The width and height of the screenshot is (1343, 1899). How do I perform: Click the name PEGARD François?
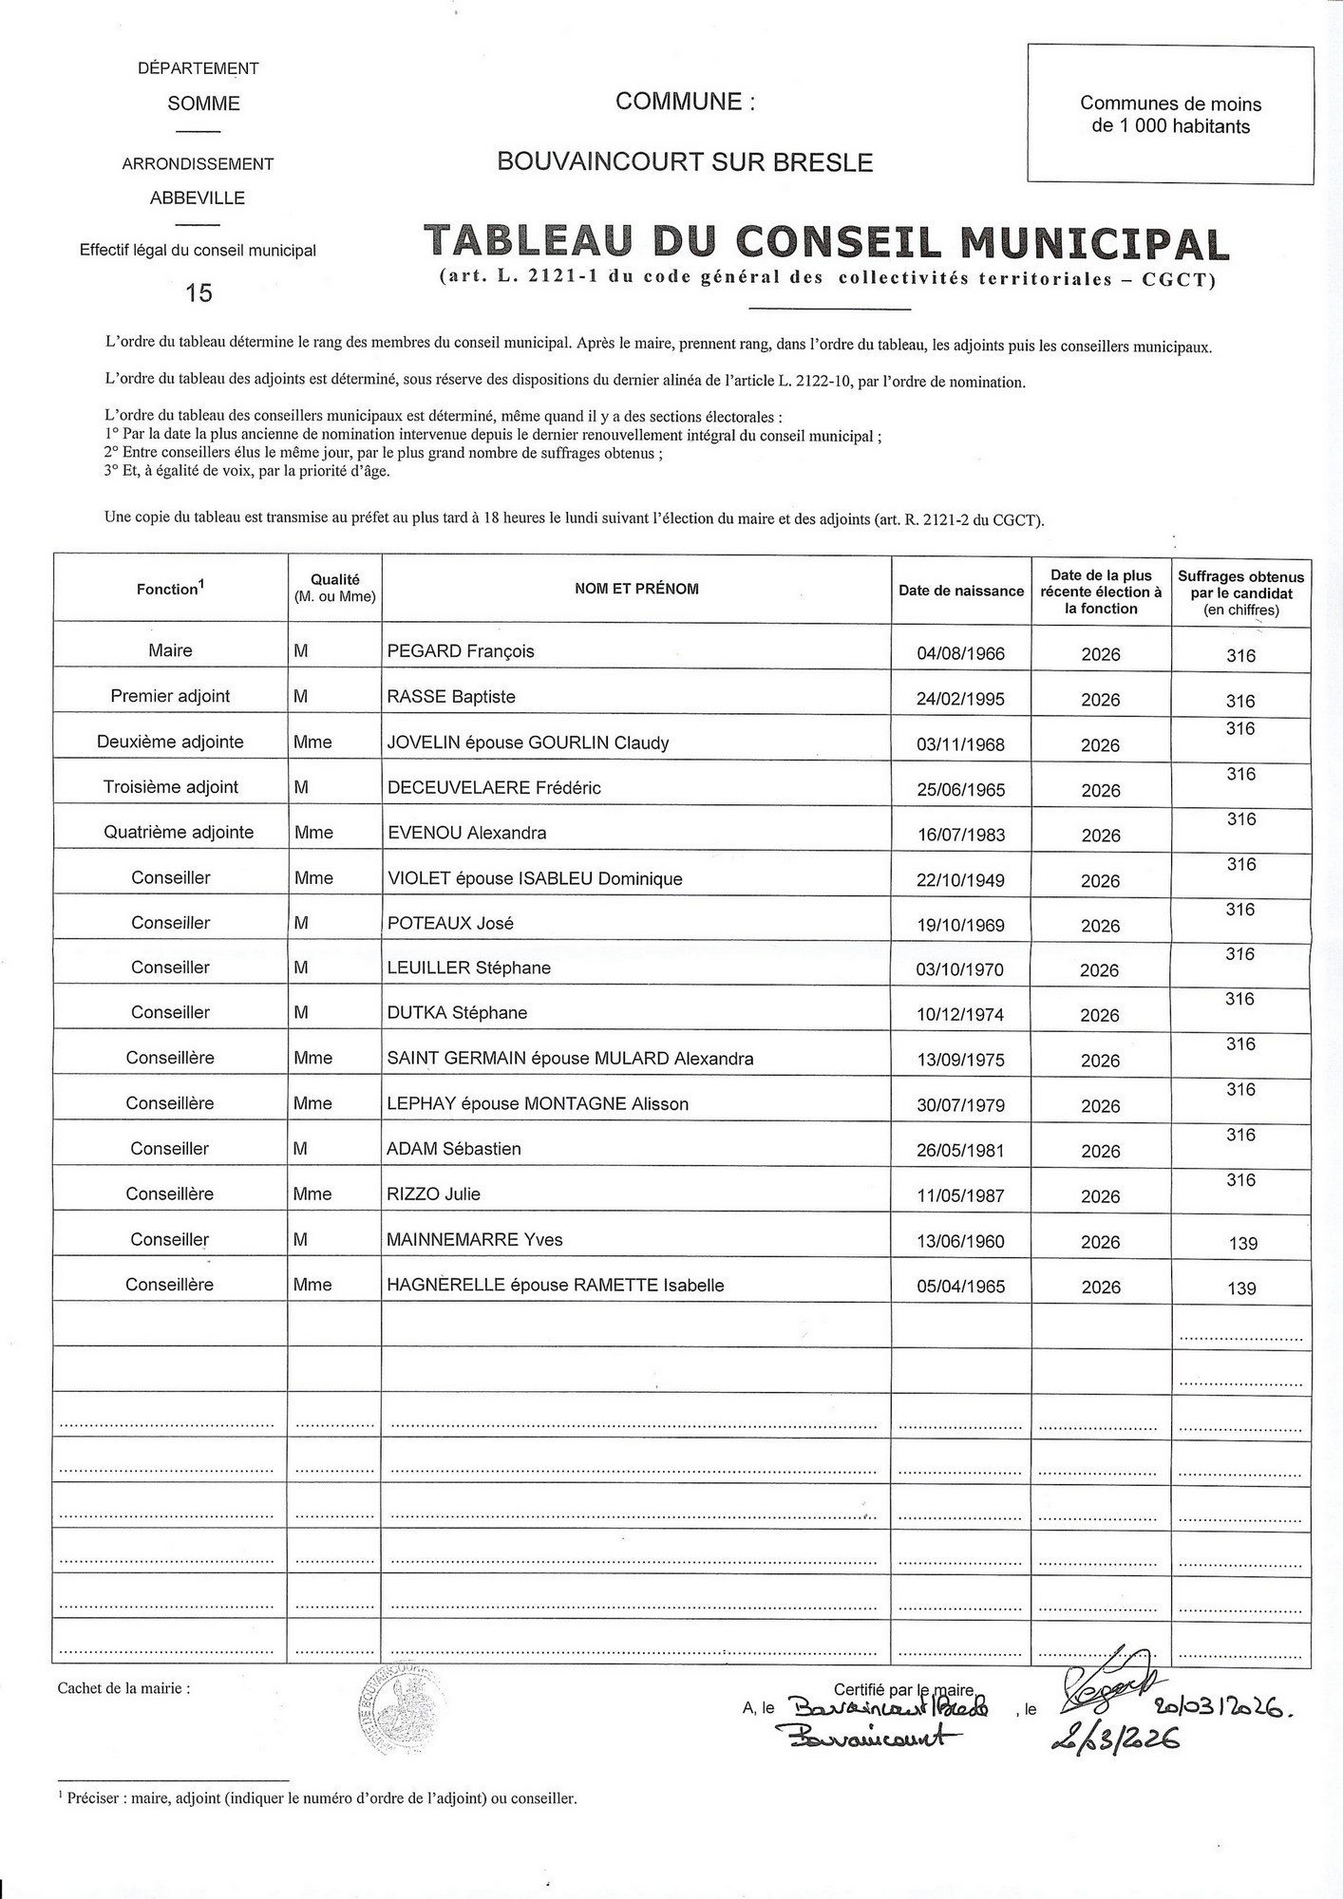point(461,651)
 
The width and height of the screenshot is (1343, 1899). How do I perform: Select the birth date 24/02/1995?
point(960,700)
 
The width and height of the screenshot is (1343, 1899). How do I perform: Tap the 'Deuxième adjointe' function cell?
point(170,743)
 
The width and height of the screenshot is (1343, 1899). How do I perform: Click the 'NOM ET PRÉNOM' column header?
point(636,589)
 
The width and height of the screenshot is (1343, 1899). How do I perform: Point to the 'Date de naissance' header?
point(961,591)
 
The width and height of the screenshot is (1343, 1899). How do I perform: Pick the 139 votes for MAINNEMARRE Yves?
point(1242,1244)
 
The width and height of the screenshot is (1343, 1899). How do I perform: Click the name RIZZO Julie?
point(433,1194)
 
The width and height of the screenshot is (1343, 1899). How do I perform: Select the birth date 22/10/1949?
point(960,881)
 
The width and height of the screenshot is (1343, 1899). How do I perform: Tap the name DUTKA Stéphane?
point(457,1013)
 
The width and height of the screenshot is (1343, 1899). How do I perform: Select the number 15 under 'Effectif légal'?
point(199,292)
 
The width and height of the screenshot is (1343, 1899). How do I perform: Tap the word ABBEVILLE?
point(198,198)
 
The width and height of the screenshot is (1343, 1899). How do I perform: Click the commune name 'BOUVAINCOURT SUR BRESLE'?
point(685,162)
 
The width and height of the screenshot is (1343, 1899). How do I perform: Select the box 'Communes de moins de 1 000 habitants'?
point(1170,114)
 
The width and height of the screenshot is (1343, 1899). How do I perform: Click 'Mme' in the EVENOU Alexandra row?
point(313,833)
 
